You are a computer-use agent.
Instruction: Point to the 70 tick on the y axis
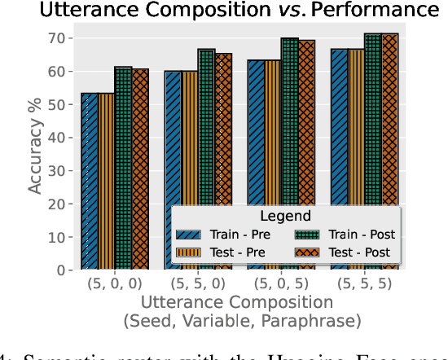point(58,38)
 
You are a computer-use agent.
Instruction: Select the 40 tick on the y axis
point(58,138)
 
